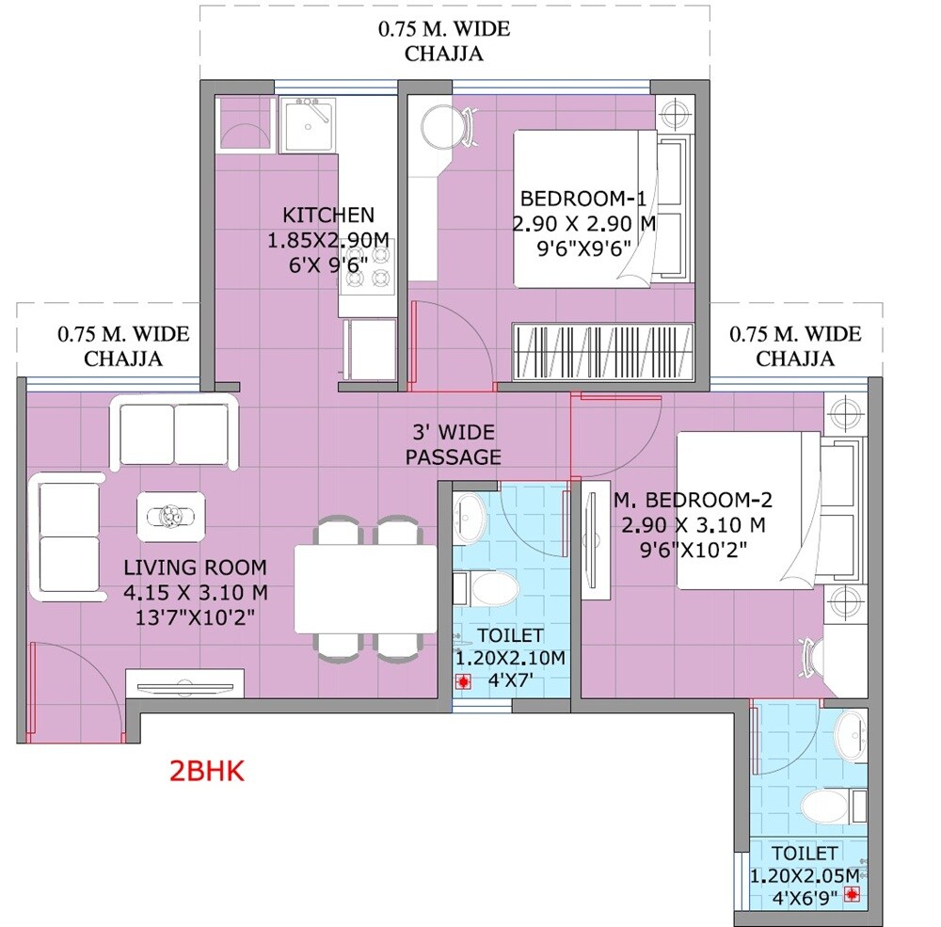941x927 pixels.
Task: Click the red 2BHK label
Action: pyautogui.click(x=206, y=772)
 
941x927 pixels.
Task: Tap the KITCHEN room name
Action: pyautogui.click(x=328, y=215)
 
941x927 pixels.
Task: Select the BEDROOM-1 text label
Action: pyautogui.click(x=583, y=199)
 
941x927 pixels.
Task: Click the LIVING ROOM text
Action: pyautogui.click(x=196, y=567)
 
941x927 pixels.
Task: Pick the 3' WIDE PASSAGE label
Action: pyautogui.click(x=454, y=445)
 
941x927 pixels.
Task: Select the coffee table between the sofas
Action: pyautogui.click(x=170, y=515)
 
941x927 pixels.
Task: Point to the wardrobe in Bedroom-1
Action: pyautogui.click(x=603, y=352)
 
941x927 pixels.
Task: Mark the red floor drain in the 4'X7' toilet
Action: pyautogui.click(x=462, y=683)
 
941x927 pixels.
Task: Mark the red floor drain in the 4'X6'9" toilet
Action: pyautogui.click(x=853, y=894)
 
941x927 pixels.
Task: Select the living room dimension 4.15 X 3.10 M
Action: pyautogui.click(x=196, y=593)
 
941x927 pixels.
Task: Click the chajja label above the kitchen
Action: pyautogui.click(x=444, y=40)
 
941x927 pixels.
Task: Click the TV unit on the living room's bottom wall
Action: pyautogui.click(x=184, y=682)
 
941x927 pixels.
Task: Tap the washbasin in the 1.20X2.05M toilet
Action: pyautogui.click(x=853, y=733)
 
